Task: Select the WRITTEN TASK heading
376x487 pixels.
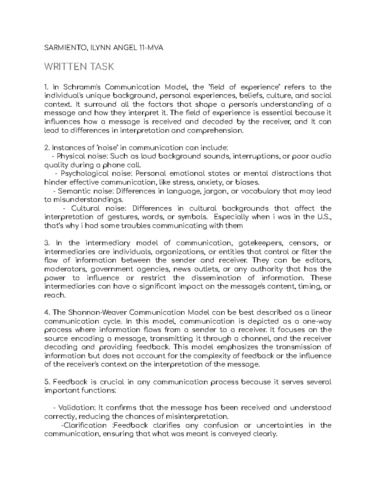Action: click(x=79, y=67)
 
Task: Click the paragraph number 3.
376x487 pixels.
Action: click(x=46, y=243)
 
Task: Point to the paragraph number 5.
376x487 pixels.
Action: click(x=47, y=382)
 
